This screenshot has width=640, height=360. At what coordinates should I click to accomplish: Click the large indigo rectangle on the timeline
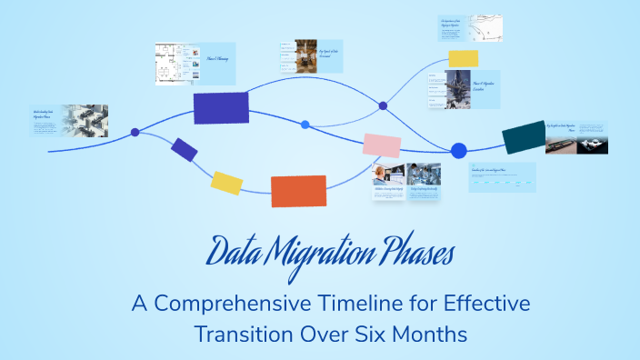[221, 107]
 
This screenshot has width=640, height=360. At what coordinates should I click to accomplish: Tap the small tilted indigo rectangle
[185, 150]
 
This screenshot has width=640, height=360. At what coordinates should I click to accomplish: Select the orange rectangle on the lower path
[298, 191]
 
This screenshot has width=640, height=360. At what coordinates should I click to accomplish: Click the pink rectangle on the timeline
[382, 145]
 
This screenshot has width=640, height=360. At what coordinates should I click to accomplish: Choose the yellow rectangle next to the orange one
[226, 182]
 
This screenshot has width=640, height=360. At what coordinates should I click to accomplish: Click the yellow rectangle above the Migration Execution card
[464, 58]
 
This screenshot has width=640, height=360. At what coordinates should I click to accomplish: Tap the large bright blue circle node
[459, 150]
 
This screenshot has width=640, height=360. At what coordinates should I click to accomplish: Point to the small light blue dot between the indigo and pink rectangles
[305, 125]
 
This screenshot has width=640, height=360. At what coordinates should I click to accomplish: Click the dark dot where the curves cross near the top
[383, 105]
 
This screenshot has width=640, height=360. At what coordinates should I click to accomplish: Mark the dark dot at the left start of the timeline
[135, 133]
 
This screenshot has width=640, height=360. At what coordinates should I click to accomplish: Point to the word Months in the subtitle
[427, 333]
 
